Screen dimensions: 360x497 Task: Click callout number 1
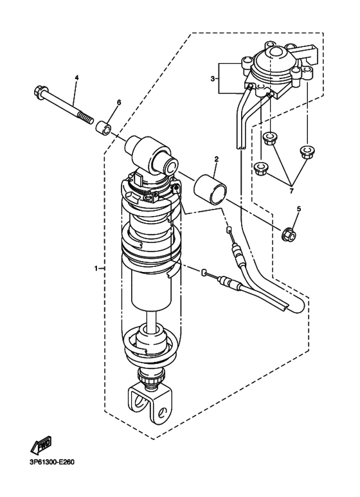[x=95, y=269]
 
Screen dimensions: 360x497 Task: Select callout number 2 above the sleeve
[x=217, y=159]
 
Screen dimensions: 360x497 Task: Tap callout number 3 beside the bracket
[x=213, y=78]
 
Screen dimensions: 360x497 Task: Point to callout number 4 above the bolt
[x=76, y=77]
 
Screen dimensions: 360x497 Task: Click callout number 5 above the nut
[x=298, y=208]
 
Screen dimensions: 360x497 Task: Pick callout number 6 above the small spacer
[x=119, y=102]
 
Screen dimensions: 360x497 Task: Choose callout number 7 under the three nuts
[x=291, y=191]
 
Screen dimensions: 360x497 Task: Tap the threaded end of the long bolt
[x=86, y=118]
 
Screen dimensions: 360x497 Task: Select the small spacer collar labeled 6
[x=104, y=128]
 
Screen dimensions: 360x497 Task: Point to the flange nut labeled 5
[x=289, y=235]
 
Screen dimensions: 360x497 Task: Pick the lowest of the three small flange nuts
[x=261, y=167]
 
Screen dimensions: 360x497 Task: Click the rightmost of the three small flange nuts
[x=305, y=150]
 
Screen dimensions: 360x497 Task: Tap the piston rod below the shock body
[x=152, y=318]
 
